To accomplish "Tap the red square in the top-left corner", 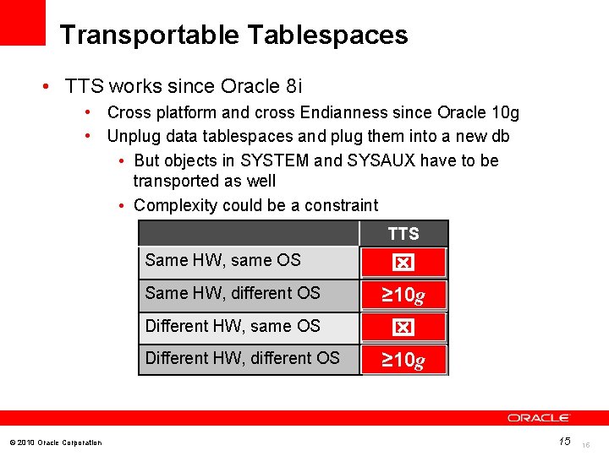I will coord(22,22).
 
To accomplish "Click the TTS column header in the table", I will coord(403,234).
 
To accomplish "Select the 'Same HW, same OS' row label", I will coord(222,260).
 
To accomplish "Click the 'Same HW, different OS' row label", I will coord(233,293).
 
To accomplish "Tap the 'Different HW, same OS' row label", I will coord(233,326).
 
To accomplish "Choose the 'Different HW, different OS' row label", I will coord(242,358).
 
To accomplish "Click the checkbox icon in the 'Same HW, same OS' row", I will coord(403,263).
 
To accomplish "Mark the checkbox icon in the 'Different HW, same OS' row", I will coord(403,328).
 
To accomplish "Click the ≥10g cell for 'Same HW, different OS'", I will coord(403,296).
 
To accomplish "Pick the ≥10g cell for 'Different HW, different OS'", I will coord(403,361).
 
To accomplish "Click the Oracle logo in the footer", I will coord(539,418).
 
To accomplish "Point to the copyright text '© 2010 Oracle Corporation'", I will coord(55,442).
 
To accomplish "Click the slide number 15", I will coord(564,442).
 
